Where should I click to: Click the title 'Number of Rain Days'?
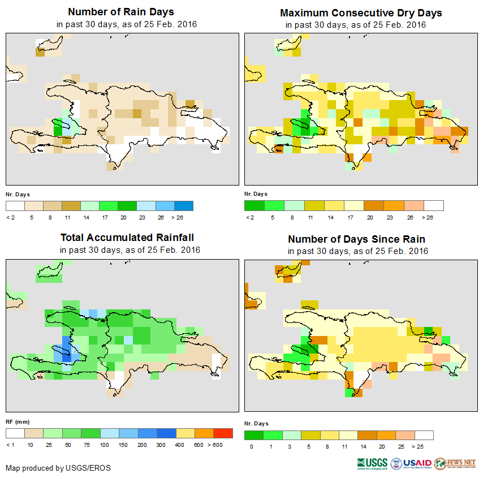point(121,12)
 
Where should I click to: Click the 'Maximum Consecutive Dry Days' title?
point(361,12)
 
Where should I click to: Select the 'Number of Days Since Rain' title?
point(356,239)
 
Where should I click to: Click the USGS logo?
point(372,463)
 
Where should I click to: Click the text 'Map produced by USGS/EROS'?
point(58,468)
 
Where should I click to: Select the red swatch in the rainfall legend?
point(223,433)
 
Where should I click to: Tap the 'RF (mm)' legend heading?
point(18,421)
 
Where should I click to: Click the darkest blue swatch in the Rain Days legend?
point(183,205)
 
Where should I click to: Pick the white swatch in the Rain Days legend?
point(15,205)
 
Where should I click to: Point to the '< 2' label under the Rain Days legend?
point(10,217)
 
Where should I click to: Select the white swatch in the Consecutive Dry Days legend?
point(434,205)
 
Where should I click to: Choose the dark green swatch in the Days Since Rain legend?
point(253,435)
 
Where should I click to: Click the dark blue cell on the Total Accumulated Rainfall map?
point(67,358)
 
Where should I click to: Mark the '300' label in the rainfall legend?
point(161,445)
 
